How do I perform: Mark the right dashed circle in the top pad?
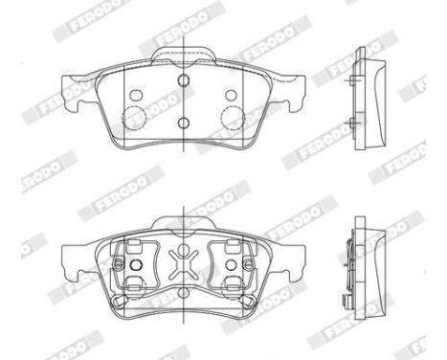click(x=232, y=117)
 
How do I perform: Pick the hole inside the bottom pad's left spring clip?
click(x=135, y=263)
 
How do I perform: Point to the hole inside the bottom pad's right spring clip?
click(x=230, y=263)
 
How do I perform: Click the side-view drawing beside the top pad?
click(x=367, y=96)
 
